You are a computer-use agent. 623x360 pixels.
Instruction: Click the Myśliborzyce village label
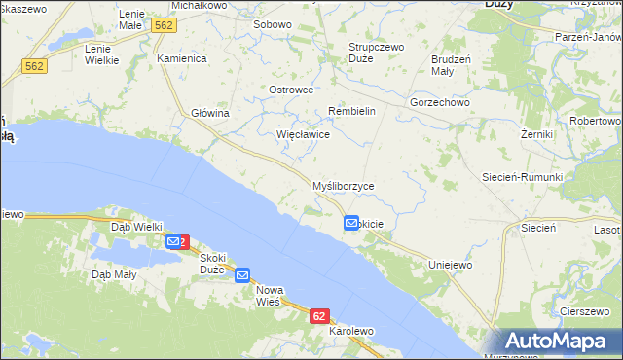(342, 186)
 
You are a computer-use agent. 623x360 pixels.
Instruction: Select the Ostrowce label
(290, 90)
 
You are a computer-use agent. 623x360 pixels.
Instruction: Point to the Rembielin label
(351, 111)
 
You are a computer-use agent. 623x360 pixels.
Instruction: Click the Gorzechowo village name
(440, 101)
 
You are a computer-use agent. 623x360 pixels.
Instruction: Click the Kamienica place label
(182, 58)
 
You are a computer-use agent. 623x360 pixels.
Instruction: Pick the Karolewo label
(351, 331)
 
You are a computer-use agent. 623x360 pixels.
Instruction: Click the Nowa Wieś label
(268, 296)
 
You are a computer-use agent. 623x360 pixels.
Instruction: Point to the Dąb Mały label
(114, 275)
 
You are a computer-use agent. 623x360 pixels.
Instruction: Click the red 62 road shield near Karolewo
(320, 316)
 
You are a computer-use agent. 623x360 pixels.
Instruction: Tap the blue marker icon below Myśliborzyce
(351, 223)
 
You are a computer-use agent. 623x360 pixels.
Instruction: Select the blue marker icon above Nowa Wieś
(242, 275)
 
